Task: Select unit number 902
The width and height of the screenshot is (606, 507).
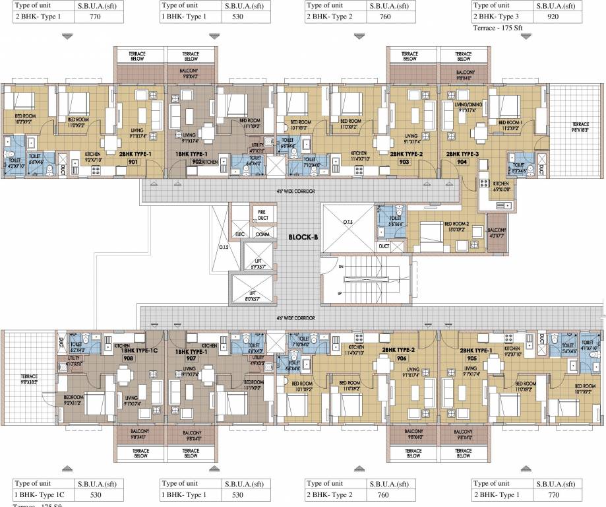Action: [x=197, y=161]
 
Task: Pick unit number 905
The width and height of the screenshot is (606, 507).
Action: [x=471, y=358]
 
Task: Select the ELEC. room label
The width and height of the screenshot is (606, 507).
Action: [x=240, y=234]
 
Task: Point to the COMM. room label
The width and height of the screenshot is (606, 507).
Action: [x=262, y=234]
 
